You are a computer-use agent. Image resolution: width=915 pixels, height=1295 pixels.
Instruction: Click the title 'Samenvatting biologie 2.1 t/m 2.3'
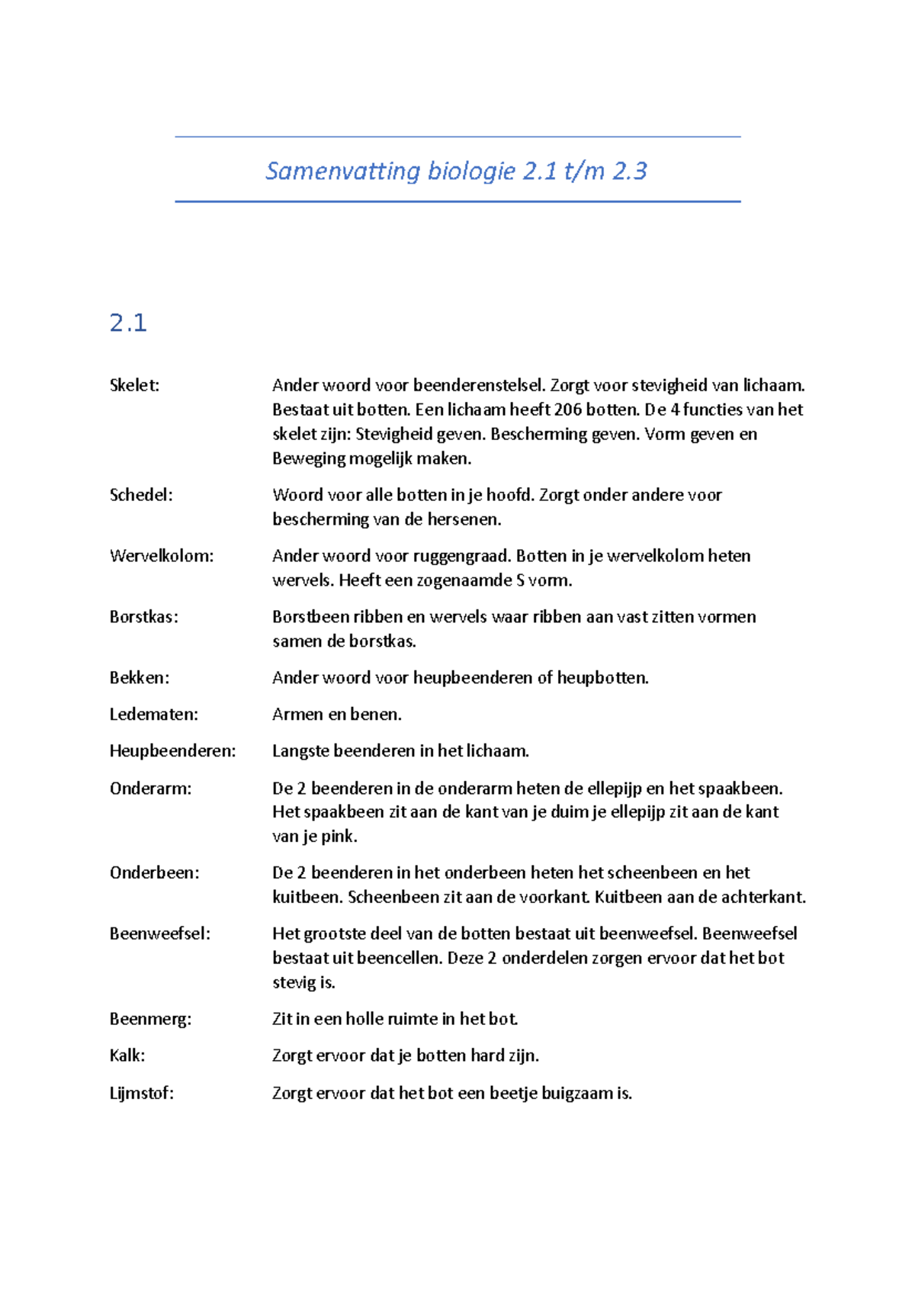point(456,171)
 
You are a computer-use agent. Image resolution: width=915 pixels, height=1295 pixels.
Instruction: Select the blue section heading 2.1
point(128,323)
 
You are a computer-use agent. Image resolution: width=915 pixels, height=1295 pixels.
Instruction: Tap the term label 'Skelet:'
point(134,385)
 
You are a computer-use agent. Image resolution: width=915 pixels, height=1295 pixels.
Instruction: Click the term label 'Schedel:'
point(141,495)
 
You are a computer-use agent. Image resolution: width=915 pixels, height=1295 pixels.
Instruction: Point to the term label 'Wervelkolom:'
point(162,556)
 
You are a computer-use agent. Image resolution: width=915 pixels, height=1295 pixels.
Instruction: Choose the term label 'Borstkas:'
point(143,617)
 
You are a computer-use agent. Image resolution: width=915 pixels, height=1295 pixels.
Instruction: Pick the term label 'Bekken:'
point(140,678)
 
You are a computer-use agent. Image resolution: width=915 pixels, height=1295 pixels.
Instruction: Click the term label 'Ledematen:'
point(153,715)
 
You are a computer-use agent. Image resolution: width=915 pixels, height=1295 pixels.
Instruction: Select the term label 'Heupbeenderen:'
point(172,751)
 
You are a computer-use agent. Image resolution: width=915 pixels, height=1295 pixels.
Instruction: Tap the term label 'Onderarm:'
point(150,789)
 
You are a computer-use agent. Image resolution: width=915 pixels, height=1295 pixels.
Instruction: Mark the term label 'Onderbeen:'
point(154,872)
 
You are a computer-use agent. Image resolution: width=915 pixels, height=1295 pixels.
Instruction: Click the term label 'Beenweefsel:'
point(159,933)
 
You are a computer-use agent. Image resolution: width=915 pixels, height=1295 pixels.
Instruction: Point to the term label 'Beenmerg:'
point(150,1019)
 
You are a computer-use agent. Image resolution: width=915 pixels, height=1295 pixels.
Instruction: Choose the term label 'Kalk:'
point(127,1056)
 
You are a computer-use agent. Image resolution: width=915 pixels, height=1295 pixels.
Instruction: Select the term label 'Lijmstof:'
point(141,1093)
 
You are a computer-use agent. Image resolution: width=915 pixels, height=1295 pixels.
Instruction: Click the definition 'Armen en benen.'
point(336,715)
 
